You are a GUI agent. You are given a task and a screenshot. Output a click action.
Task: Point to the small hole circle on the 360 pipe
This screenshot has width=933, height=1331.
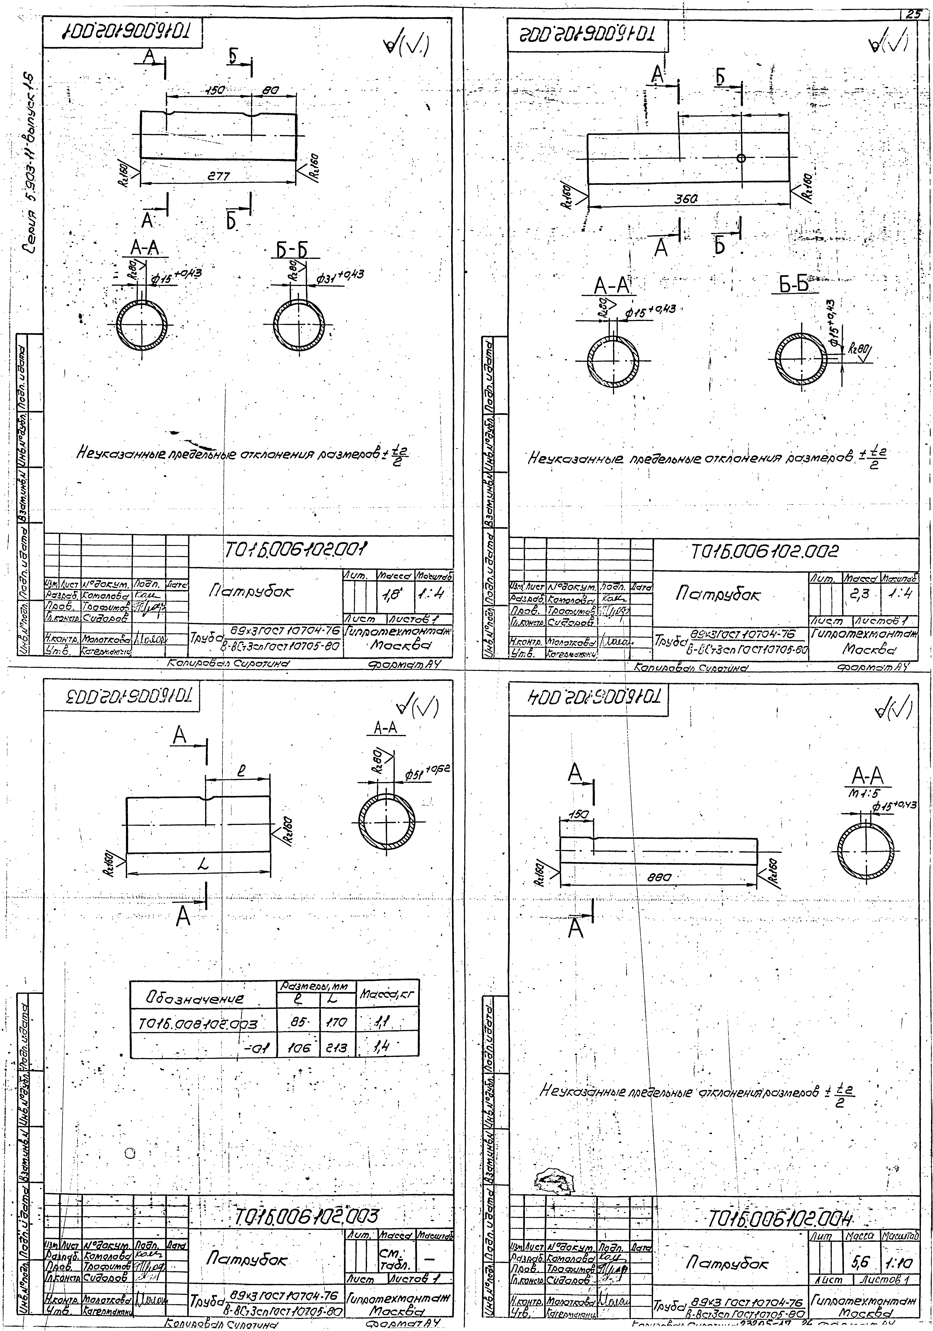[741, 158]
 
